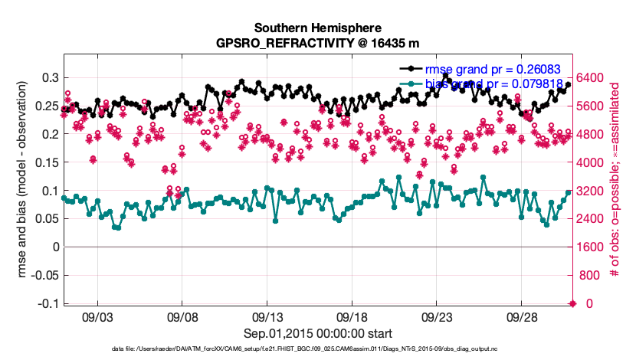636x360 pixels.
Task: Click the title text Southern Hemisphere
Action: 318,26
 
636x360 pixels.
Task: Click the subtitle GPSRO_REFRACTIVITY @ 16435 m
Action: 318,43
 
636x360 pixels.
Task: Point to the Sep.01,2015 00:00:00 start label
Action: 318,333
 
